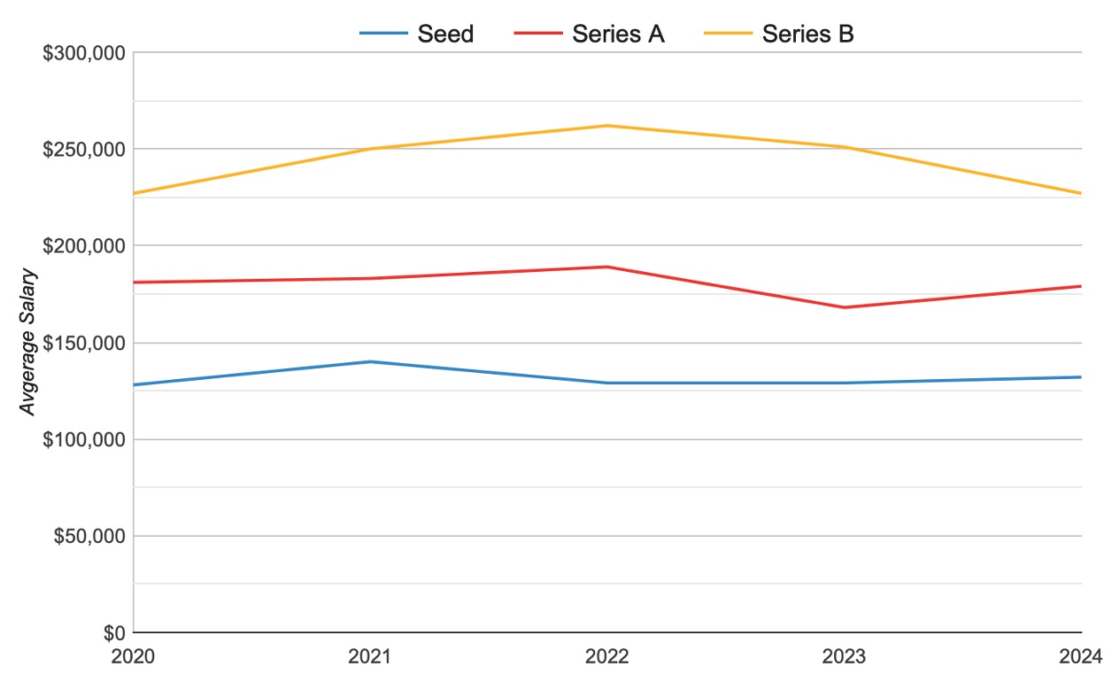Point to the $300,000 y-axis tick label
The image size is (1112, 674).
point(84,52)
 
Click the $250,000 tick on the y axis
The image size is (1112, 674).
point(84,149)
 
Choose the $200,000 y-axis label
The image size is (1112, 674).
point(84,245)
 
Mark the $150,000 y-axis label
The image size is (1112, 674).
point(84,343)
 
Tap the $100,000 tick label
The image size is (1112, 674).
point(84,439)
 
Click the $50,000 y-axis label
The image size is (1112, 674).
point(89,536)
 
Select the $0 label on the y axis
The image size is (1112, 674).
point(113,633)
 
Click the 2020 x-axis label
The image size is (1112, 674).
point(133,656)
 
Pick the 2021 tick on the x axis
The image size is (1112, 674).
point(370,656)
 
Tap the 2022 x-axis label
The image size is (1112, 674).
point(607,656)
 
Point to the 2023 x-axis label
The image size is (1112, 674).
point(845,656)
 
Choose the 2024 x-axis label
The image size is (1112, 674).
point(1081,656)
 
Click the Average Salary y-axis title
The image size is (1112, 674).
point(29,343)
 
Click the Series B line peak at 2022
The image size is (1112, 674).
point(607,126)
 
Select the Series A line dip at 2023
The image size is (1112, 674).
point(845,307)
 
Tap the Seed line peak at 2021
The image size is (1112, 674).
point(370,361)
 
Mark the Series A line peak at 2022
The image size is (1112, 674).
point(607,267)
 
